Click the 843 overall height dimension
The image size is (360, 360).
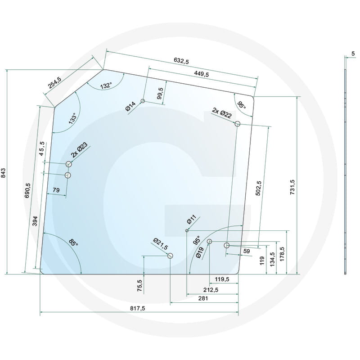point(4,173)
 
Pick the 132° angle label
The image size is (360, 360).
point(106,85)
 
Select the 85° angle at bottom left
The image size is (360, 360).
point(73,243)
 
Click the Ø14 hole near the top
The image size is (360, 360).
point(143,101)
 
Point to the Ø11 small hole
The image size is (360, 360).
point(187,231)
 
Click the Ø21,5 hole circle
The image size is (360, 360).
point(171,256)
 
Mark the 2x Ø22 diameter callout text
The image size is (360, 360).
point(222,112)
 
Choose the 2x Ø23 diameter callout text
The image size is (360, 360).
point(80,149)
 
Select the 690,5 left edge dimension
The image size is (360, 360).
point(27,190)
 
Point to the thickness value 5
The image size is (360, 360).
point(353,54)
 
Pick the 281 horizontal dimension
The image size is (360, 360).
point(202,299)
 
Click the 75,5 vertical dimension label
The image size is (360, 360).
point(139,286)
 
